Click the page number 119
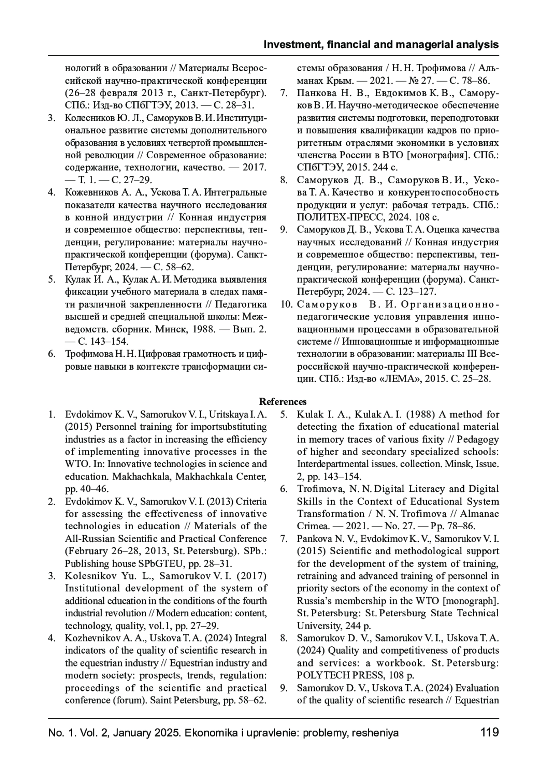[490, 733]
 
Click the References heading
[283, 402]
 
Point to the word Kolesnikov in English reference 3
[89, 576]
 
